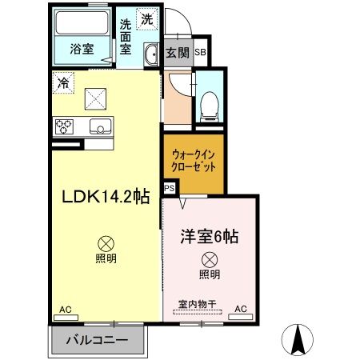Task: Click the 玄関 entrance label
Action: (177, 53)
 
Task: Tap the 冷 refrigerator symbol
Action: (62, 82)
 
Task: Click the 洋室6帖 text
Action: (209, 237)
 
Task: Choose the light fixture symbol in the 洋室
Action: (209, 259)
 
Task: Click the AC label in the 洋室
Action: (239, 308)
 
